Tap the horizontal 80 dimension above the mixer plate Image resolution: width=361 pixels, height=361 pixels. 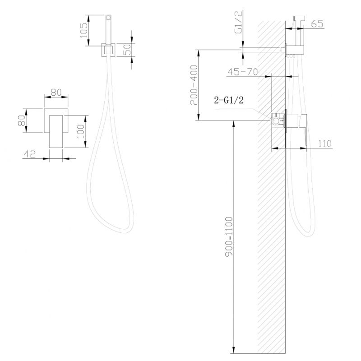pos(56,92)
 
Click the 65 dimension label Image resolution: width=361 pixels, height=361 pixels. pos(318,24)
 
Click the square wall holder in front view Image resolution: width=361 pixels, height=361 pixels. pos(108,49)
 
